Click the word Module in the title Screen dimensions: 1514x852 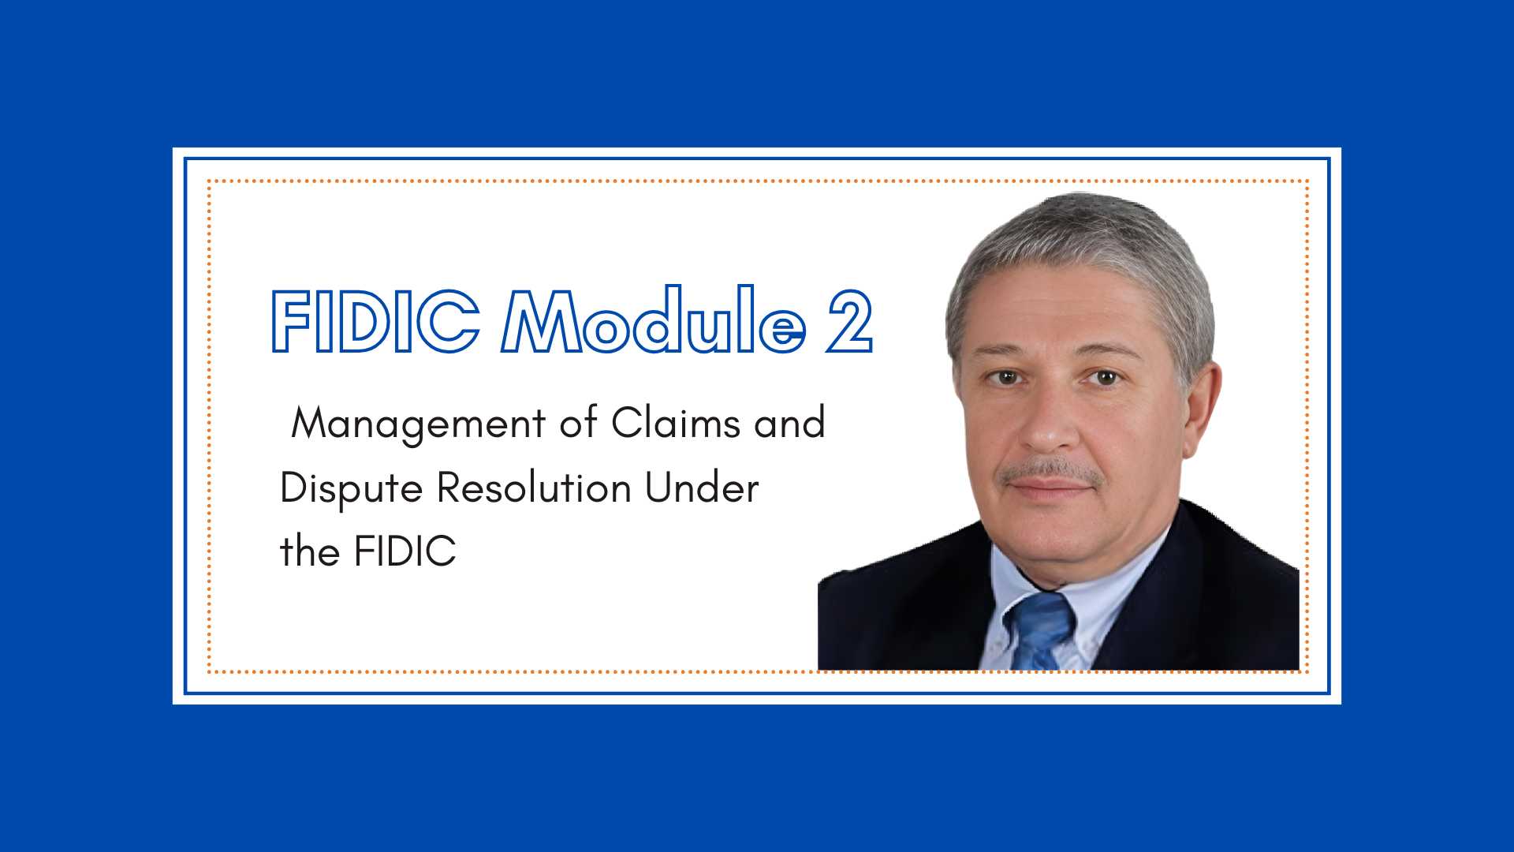tap(654, 319)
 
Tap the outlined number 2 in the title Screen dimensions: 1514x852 tap(849, 321)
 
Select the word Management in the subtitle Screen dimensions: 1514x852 tap(419, 424)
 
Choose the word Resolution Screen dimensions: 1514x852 tap(534, 487)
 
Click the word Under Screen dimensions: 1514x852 tap(702, 487)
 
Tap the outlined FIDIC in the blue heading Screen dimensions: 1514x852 tap(375, 321)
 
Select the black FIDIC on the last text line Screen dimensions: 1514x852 tap(405, 551)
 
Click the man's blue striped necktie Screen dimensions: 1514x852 tap(1042, 631)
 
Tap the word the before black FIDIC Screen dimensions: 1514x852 tap(310, 551)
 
